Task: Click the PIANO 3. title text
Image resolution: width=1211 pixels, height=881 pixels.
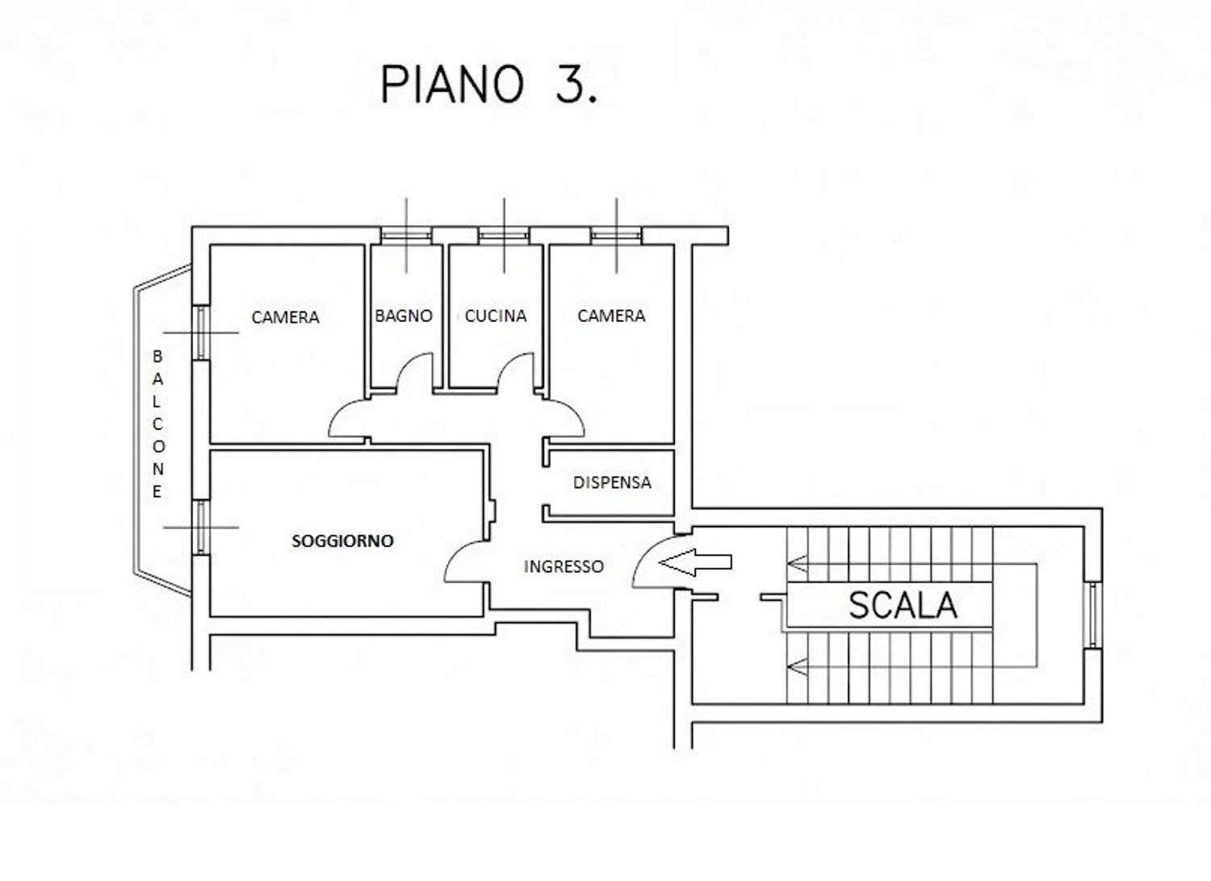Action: point(489,86)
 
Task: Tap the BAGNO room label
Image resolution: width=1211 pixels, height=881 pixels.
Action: point(404,316)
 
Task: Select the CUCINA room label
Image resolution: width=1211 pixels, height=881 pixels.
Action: point(496,316)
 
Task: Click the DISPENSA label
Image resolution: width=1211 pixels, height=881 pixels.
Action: point(612,482)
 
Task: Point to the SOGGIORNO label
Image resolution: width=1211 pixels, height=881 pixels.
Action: point(343,541)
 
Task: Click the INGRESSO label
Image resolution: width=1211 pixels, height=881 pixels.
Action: point(564,566)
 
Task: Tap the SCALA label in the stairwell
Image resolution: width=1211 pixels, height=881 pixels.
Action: point(903,605)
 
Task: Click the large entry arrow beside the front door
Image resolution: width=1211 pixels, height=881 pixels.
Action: point(695,562)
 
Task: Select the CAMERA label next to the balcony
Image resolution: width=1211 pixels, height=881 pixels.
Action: point(286,317)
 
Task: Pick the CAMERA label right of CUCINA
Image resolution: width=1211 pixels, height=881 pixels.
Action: point(611,316)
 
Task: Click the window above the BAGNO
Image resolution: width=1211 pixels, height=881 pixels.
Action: point(406,235)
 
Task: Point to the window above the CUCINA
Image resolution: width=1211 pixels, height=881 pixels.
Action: point(503,235)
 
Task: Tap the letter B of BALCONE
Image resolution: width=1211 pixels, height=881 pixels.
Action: point(157,356)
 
